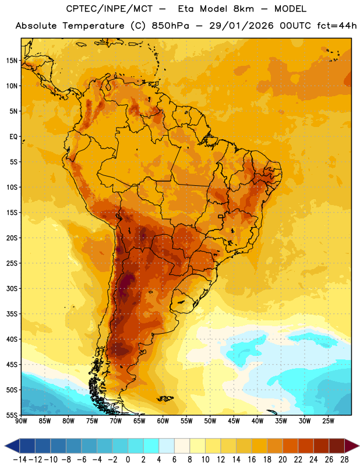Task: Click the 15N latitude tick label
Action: [x=12, y=61]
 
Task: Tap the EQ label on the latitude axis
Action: [x=13, y=137]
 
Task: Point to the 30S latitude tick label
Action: [x=12, y=288]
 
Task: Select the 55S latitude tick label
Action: [x=12, y=415]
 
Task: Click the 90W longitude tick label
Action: [x=21, y=421]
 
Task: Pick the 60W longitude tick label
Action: [x=163, y=421]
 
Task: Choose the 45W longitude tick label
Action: [x=234, y=421]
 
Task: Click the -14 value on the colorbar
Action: [x=20, y=460]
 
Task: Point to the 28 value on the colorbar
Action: [x=344, y=460]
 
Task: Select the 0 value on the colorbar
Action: [x=128, y=460]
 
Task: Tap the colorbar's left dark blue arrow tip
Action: [x=5, y=446]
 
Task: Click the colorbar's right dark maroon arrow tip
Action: [x=359, y=446]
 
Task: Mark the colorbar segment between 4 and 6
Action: [x=167, y=446]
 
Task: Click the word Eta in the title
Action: [x=185, y=9]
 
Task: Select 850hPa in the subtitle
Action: [x=170, y=26]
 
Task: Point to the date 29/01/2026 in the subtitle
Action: [x=241, y=26]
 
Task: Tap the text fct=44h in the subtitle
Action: [x=337, y=26]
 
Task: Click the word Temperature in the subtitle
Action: [x=93, y=26]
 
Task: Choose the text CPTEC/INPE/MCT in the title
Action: [x=109, y=9]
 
